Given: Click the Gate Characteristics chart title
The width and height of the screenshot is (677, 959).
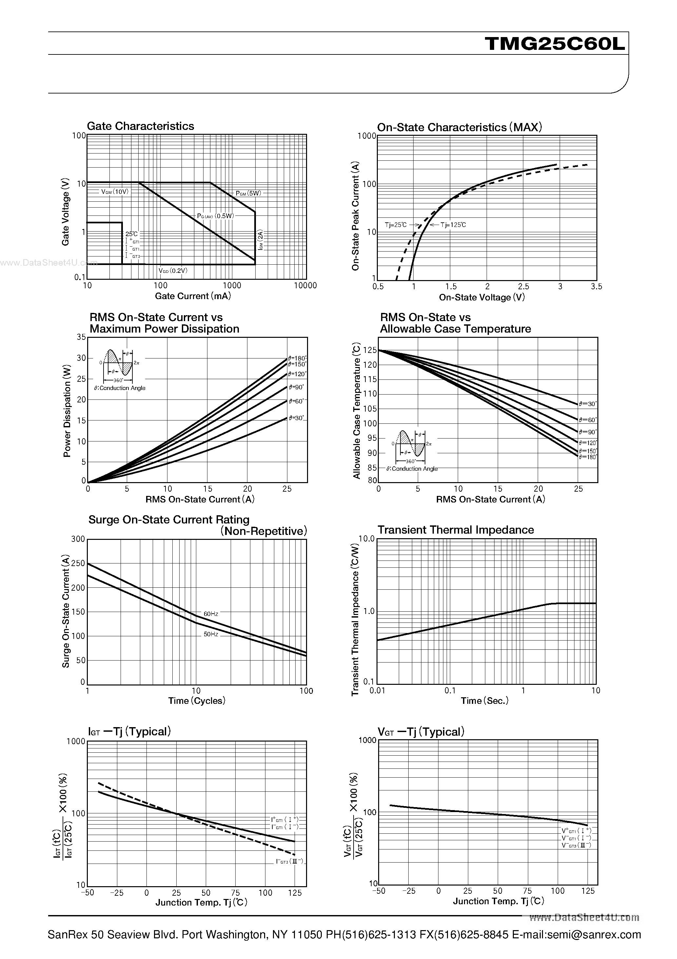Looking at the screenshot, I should [140, 126].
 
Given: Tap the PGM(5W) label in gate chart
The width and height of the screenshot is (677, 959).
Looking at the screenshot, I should [248, 194].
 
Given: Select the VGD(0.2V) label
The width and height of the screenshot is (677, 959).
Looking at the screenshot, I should [173, 271].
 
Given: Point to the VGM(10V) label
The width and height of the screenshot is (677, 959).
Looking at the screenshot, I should [114, 192].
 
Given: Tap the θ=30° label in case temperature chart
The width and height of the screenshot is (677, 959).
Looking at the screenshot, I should [588, 404].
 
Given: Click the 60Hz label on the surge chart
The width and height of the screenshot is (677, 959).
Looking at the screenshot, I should [211, 614].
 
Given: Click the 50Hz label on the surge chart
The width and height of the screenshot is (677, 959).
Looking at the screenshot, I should [211, 634].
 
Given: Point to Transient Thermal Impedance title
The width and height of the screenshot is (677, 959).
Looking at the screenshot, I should [455, 530].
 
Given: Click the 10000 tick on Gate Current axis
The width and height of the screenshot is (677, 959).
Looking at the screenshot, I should [305, 286].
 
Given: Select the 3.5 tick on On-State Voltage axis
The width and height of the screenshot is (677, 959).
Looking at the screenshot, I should [596, 287].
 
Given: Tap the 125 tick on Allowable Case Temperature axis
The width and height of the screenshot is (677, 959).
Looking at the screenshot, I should [370, 350].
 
